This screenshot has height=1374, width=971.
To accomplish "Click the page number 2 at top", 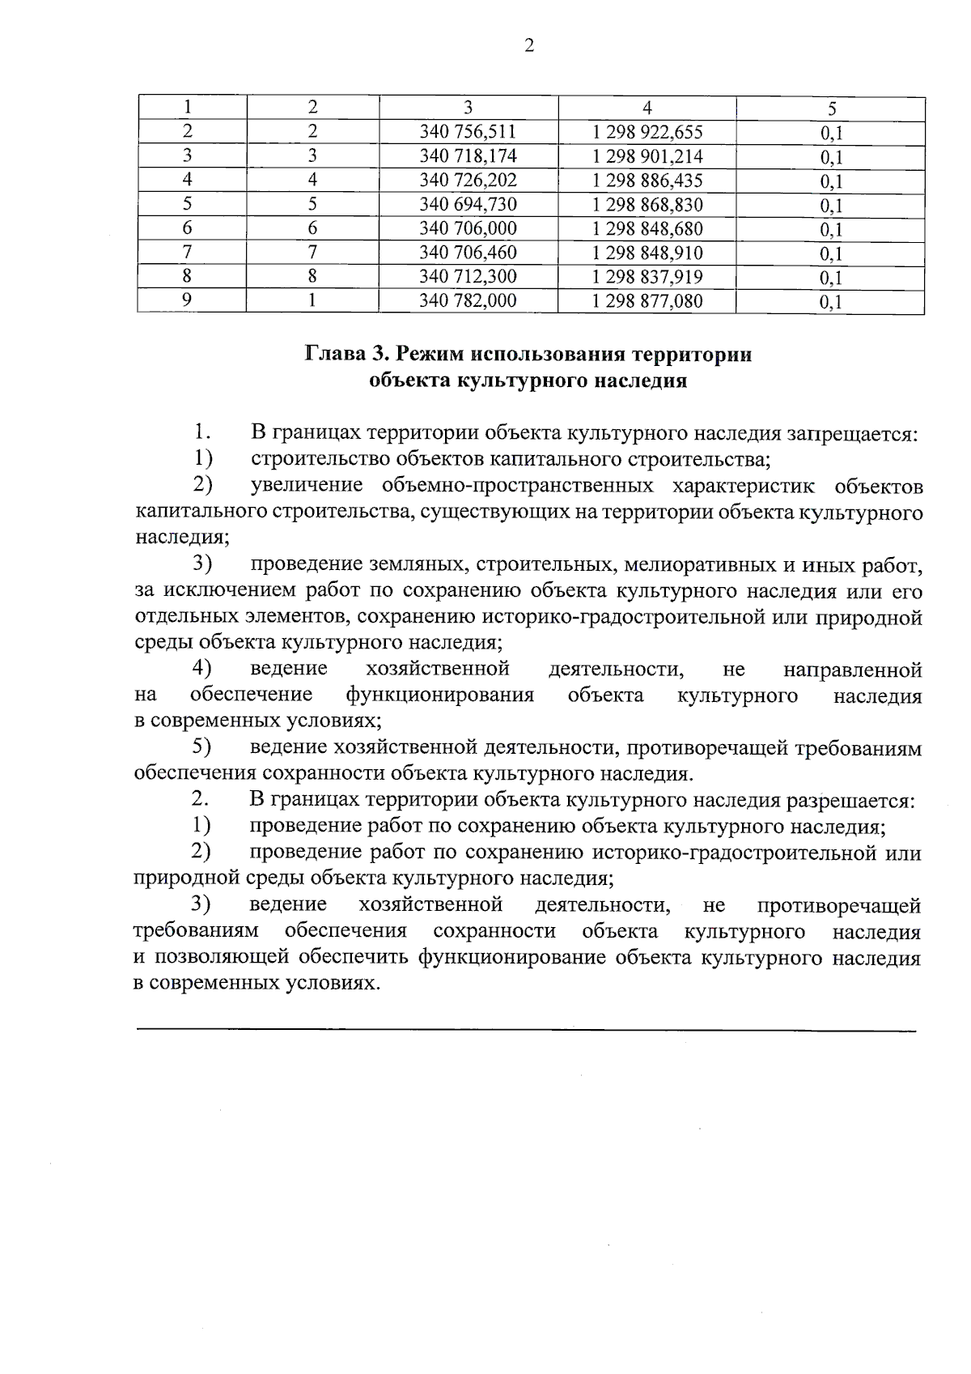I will (529, 46).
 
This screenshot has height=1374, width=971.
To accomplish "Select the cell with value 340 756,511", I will (468, 132).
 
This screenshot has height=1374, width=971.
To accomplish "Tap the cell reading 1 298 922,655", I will (647, 132).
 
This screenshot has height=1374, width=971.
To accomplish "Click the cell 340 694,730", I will (468, 205).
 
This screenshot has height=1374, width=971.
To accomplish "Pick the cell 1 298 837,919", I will (647, 277).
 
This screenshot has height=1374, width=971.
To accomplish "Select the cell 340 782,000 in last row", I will (468, 301).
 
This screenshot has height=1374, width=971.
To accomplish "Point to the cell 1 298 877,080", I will (647, 301).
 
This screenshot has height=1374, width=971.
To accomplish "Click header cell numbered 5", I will (831, 108).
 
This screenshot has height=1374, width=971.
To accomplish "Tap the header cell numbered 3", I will (468, 108).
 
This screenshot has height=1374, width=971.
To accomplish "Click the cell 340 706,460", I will (468, 253).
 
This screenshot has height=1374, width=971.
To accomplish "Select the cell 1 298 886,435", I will (647, 181).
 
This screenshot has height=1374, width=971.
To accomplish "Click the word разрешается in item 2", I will (850, 802).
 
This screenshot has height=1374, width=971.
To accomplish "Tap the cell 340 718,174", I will (468, 156).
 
